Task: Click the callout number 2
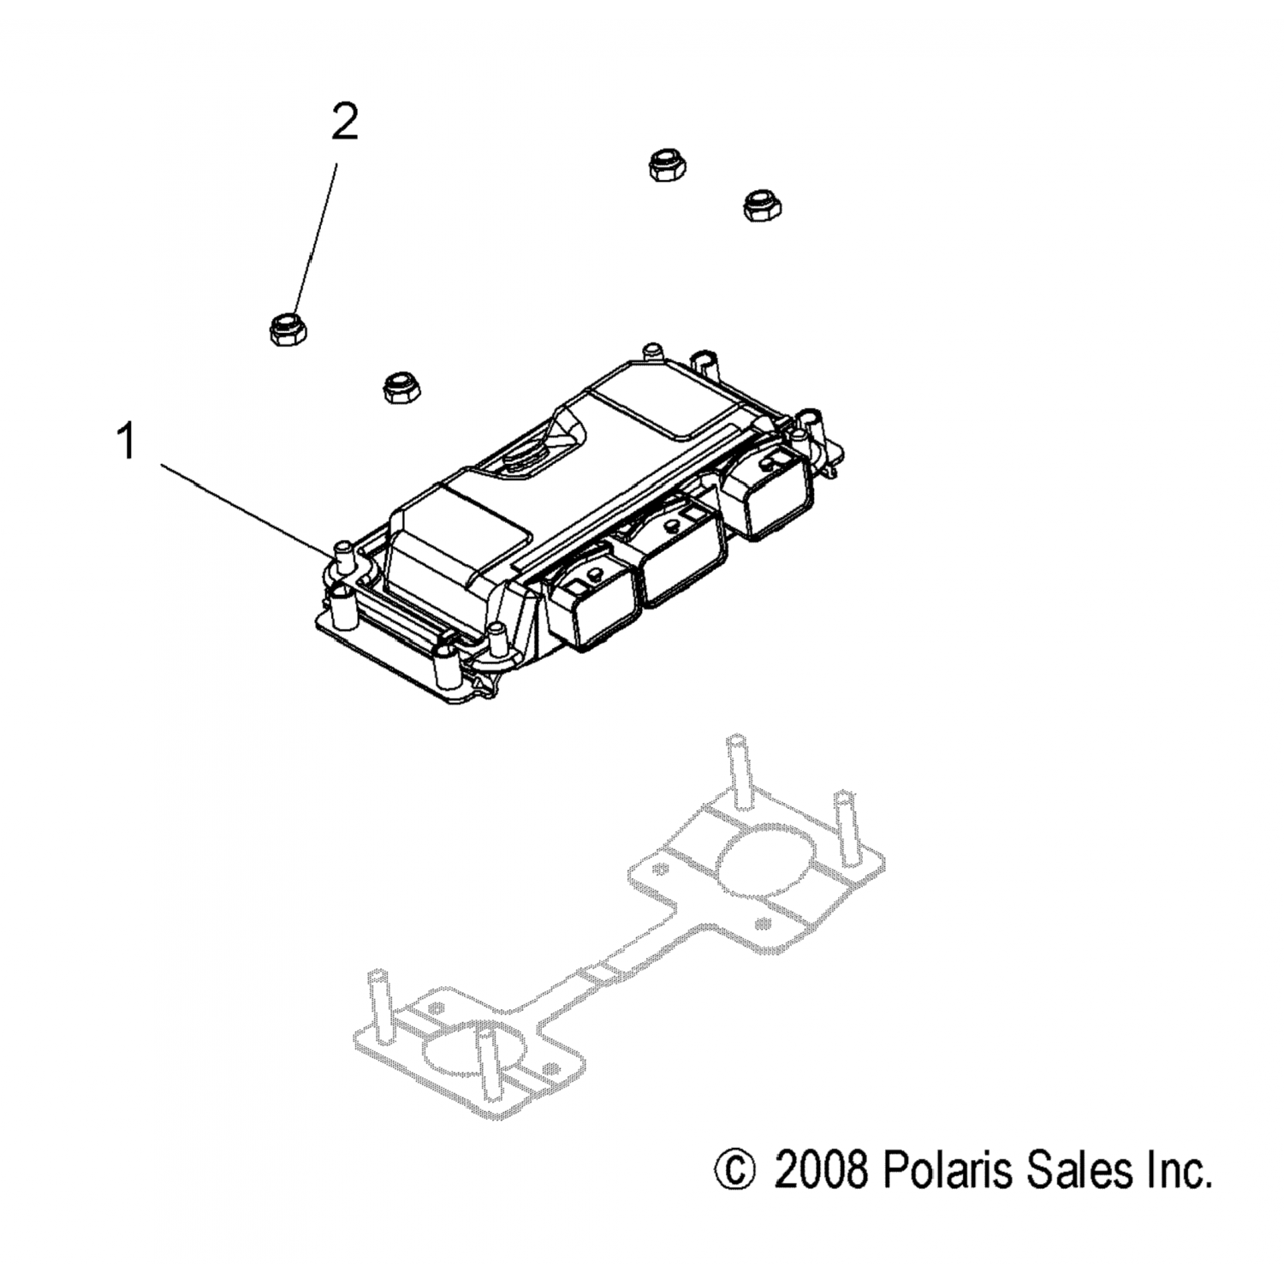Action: point(344,125)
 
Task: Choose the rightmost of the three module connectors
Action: point(777,495)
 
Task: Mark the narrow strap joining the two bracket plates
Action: point(599,976)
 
